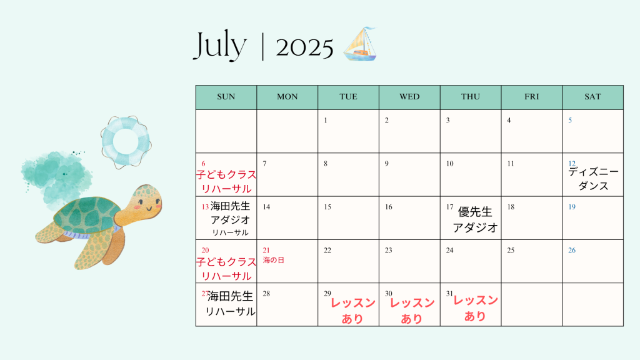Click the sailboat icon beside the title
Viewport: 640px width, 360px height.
tap(360, 44)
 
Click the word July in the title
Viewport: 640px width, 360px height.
tap(220, 46)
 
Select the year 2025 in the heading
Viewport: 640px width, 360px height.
tap(304, 47)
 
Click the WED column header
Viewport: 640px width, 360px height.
tap(409, 97)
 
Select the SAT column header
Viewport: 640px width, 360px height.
tap(592, 97)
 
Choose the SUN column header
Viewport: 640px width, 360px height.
tap(226, 97)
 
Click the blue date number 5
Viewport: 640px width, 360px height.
tap(570, 121)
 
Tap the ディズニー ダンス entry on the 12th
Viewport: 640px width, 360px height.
tap(594, 179)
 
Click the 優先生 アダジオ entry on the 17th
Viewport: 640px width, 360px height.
tap(475, 219)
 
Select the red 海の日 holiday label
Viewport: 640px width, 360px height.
tap(274, 260)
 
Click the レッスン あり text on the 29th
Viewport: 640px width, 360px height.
tap(352, 311)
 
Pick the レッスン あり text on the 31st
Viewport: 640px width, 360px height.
tap(476, 308)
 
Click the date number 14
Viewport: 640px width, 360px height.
tap(266, 207)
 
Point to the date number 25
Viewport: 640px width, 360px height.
tap(511, 250)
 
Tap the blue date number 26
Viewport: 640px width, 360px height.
tap(572, 250)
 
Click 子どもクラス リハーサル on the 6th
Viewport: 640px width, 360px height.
tap(226, 182)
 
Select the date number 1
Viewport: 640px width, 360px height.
tap(325, 121)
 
